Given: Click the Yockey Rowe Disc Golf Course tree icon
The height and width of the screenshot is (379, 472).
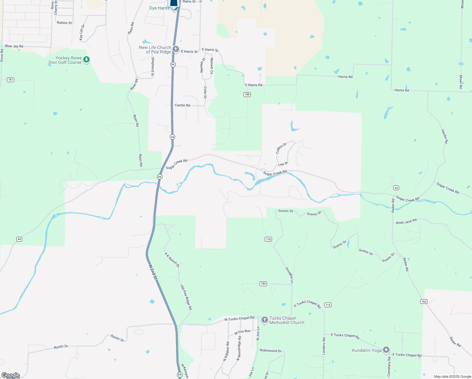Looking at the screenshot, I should [x=86, y=59].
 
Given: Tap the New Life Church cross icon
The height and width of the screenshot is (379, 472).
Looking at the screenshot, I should [x=176, y=49].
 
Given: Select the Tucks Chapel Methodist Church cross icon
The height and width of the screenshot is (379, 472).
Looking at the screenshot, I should [x=265, y=320].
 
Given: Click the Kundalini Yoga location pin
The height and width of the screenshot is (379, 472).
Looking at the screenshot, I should [x=386, y=350].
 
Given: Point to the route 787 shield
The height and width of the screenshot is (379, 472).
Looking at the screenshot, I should [x=11, y=80].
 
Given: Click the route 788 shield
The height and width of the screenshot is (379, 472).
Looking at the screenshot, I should [x=247, y=94].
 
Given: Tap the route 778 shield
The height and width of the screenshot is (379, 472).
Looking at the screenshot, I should [x=268, y=239].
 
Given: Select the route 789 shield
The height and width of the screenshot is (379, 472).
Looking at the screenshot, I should [x=263, y=284].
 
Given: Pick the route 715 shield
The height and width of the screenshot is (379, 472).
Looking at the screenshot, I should [x=328, y=305].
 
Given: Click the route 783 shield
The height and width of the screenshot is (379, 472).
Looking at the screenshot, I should [x=424, y=301].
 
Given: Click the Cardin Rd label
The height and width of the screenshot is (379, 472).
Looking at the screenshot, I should [x=182, y=105].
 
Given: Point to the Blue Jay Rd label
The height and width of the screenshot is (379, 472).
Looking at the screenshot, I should [x=14, y=46].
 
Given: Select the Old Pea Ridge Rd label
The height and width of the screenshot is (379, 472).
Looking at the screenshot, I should [x=186, y=297].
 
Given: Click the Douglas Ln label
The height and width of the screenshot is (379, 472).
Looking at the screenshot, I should [x=290, y=275].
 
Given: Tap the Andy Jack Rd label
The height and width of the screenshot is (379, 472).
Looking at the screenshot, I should [x=406, y=222].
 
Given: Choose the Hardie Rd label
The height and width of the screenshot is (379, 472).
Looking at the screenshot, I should [x=445, y=136].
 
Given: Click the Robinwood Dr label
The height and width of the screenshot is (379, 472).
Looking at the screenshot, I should [x=271, y=351].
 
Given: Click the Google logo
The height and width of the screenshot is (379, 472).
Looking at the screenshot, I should [x=11, y=375].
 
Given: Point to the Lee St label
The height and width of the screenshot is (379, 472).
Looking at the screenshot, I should [x=283, y=164].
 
